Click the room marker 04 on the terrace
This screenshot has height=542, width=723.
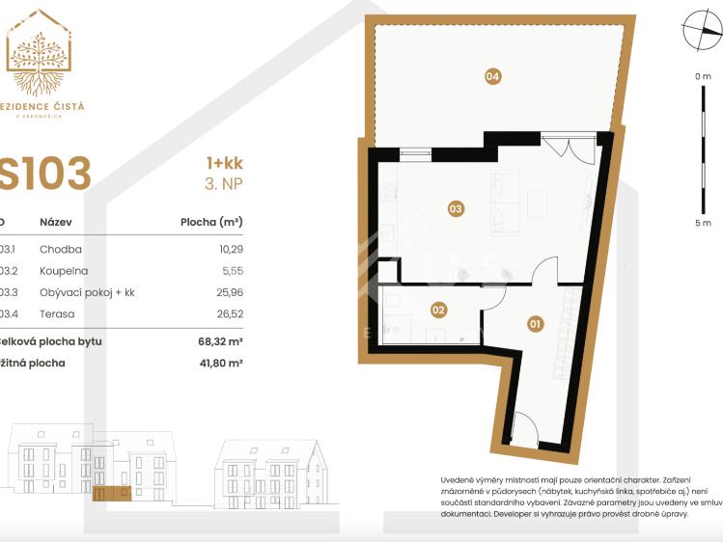pyautogui.click(x=492, y=76)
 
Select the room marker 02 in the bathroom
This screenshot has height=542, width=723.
pyautogui.click(x=437, y=311)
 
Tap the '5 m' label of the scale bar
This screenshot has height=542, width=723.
pyautogui.click(x=702, y=223)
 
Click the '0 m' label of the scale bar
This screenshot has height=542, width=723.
pyautogui.click(x=702, y=76)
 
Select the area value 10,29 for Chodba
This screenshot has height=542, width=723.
pyautogui.click(x=227, y=249)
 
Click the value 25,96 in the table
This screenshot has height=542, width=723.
pyautogui.click(x=227, y=292)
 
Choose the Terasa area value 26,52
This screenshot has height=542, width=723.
pyautogui.click(x=227, y=313)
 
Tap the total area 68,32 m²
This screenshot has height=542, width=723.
pyautogui.click(x=219, y=341)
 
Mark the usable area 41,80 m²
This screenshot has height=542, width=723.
pyautogui.click(x=219, y=364)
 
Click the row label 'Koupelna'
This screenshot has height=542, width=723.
pyautogui.click(x=63, y=271)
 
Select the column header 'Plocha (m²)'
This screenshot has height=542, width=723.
pyautogui.click(x=211, y=222)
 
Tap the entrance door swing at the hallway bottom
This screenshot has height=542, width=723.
pyautogui.click(x=522, y=426)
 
